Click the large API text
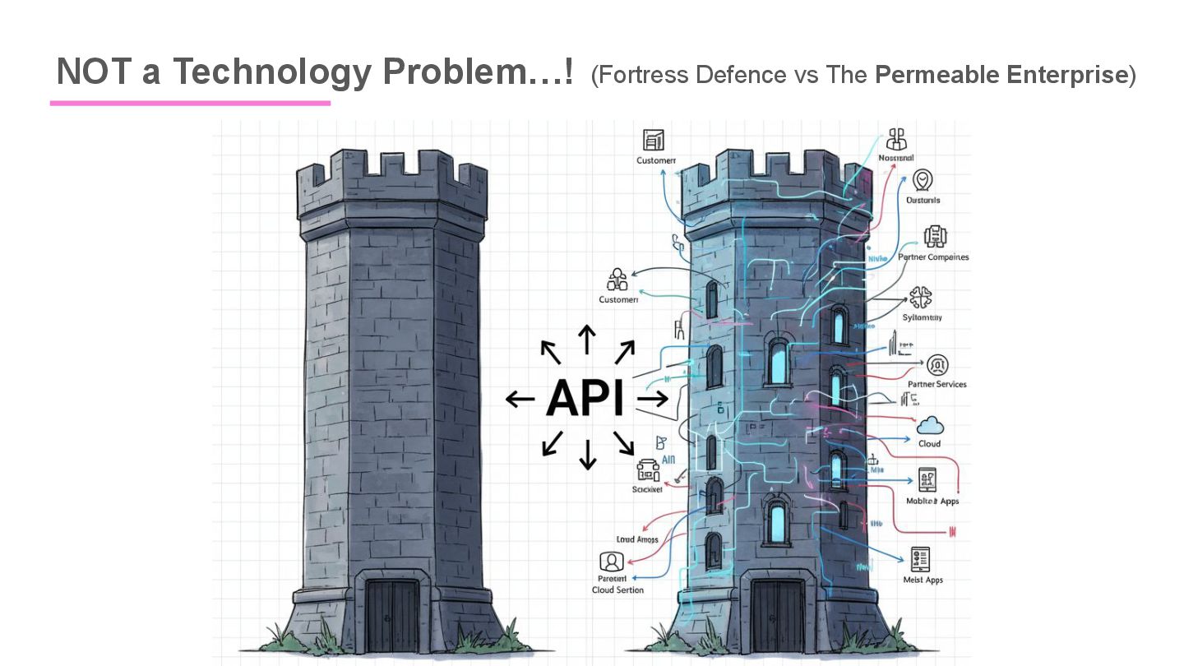(585, 398)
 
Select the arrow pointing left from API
(519, 400)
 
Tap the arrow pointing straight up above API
(586, 339)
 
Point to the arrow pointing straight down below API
(587, 454)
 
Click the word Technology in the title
(271, 72)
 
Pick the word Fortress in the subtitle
(646, 75)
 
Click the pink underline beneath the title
(190, 103)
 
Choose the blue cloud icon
(930, 426)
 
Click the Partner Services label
(937, 384)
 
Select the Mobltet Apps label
(932, 501)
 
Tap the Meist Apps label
(923, 580)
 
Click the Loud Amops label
(637, 539)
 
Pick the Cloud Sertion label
(617, 590)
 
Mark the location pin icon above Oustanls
(923, 180)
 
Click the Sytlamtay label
(923, 317)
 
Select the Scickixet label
(647, 489)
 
